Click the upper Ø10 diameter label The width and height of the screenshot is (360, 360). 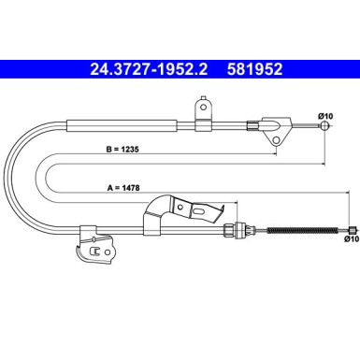(325, 115)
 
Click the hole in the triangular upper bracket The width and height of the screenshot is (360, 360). (276, 140)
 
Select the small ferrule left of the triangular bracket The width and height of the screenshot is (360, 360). (251, 123)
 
